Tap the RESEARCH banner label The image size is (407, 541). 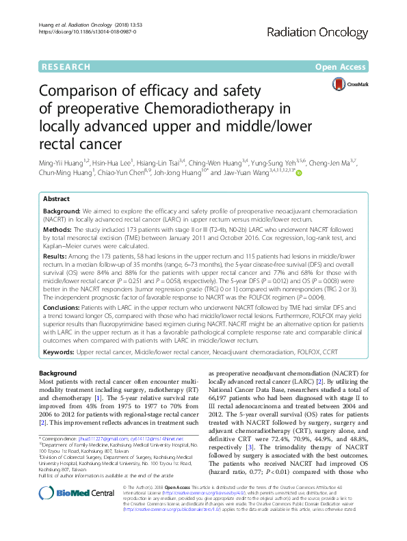coord(66,66)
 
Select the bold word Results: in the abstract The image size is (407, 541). coord(57,254)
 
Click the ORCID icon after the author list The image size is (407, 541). coord(298,174)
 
